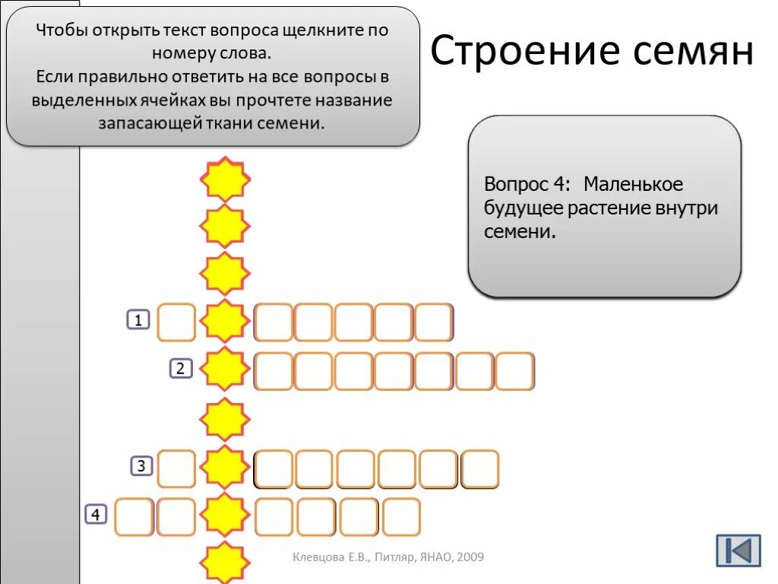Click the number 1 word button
click(138, 320)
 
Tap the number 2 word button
click(181, 369)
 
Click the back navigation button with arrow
click(738, 550)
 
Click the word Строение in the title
click(516, 52)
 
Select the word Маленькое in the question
click(634, 185)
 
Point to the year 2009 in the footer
click(470, 558)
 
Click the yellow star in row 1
click(225, 322)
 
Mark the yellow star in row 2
click(225, 370)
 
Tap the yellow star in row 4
click(225, 516)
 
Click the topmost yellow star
click(225, 179)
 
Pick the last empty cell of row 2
click(515, 371)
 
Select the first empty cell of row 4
click(134, 517)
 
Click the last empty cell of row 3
click(480, 468)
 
